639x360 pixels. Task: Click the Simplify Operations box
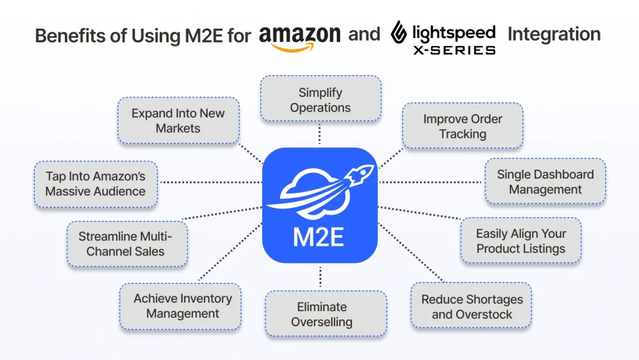[x=320, y=99]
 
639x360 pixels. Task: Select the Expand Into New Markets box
[x=178, y=120]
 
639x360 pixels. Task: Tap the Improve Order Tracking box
[x=462, y=126]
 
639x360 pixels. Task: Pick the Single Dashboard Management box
[x=545, y=182]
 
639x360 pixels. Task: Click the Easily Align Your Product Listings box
[x=521, y=241]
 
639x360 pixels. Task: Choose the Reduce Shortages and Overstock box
[x=472, y=306]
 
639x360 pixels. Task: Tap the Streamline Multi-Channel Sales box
[x=125, y=244]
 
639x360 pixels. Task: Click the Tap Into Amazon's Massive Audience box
[x=95, y=183]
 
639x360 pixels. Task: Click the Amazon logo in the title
[x=300, y=36]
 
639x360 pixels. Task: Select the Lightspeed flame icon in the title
[x=399, y=35]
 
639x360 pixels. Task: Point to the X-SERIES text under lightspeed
[x=454, y=49]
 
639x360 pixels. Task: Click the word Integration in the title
[x=554, y=34]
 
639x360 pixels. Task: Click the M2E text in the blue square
[x=319, y=237]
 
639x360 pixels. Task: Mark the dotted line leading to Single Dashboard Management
[x=431, y=182]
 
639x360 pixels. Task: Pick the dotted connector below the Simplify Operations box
[x=319, y=132]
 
